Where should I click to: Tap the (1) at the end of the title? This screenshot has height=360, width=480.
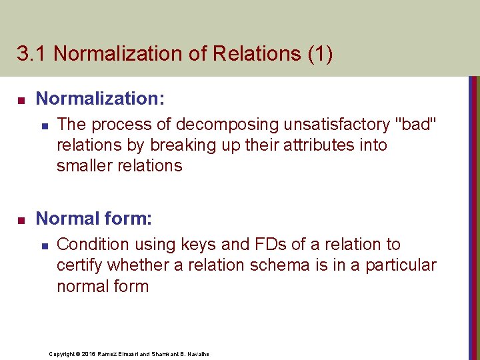320,54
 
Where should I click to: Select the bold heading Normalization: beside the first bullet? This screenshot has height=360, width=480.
100,99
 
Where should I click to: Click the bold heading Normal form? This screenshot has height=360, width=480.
94,219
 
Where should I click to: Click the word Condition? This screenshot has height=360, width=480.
91,245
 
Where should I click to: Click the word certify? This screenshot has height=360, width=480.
79,265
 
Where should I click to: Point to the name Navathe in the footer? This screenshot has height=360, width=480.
197,353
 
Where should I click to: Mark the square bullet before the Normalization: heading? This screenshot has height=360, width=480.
21,100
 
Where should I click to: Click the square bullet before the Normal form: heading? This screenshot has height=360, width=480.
21,219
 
